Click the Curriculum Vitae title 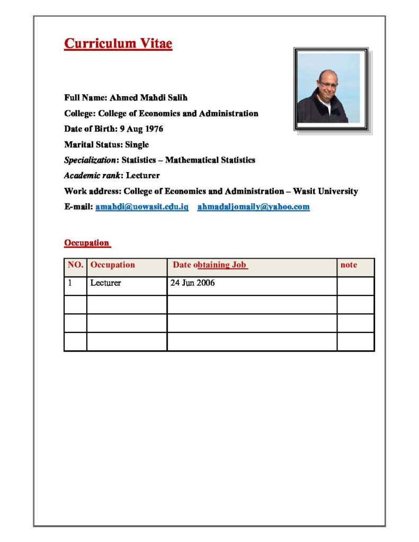pos(118,43)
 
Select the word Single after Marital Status pos(137,144)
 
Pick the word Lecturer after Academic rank pos(142,175)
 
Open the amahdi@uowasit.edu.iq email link pos(142,206)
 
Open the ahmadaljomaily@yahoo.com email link pos(253,206)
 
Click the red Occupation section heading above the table pos(87,243)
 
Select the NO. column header pos(75,265)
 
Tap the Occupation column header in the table pos(112,265)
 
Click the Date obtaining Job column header pos(210,265)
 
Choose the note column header pos(349,265)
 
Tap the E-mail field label pos(78,206)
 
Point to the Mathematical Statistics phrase pos(210,160)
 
